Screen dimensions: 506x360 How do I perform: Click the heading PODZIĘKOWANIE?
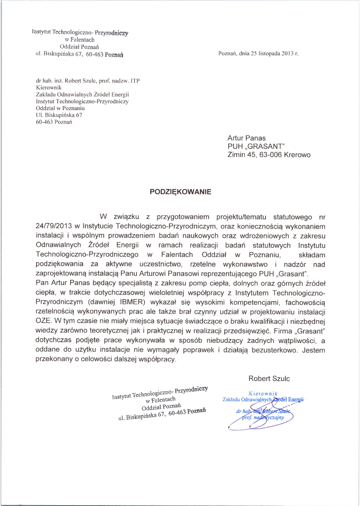(x=180, y=192)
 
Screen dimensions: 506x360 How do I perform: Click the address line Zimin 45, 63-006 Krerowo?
(x=269, y=155)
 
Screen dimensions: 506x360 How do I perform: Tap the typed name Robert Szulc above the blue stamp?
(x=269, y=378)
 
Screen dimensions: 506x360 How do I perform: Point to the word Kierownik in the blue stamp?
(x=263, y=393)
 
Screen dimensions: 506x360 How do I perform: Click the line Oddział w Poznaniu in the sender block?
(x=60, y=108)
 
